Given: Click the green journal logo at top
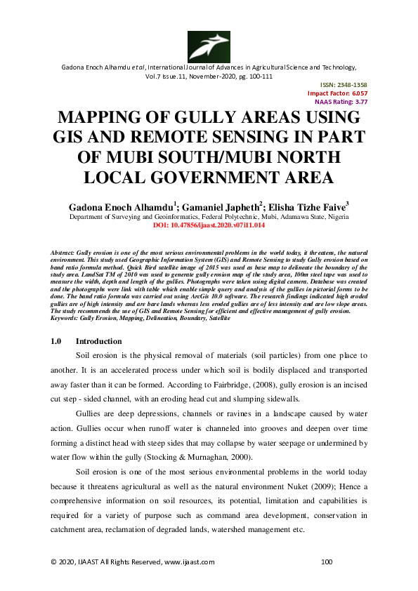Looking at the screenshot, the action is pyautogui.click(x=209, y=46).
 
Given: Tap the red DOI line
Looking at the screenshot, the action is pyautogui.click(x=209, y=227).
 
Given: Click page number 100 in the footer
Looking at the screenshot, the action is pyautogui.click(x=326, y=562).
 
